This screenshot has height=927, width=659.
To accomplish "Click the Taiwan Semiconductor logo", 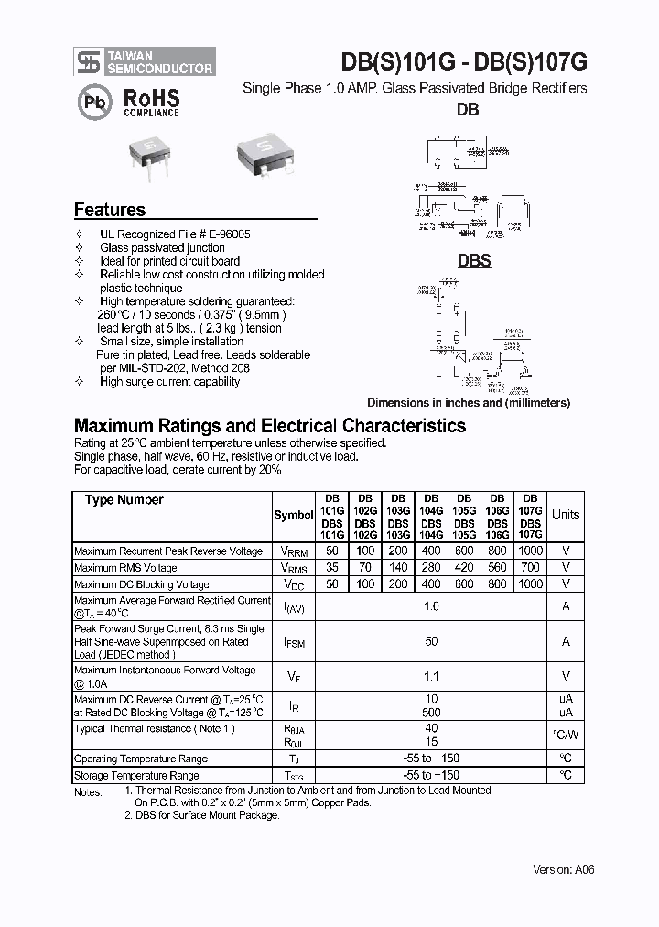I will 144,61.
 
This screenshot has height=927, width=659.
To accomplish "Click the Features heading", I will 110,210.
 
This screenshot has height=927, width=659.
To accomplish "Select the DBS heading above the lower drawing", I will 474,261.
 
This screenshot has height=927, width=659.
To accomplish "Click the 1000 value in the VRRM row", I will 530,551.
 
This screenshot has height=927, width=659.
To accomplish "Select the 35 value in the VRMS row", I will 331,568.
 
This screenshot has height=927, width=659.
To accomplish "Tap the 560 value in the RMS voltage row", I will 497,568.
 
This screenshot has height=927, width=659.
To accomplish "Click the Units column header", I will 565,515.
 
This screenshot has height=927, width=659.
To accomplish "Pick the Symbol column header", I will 294,515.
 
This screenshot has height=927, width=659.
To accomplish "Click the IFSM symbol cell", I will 294,643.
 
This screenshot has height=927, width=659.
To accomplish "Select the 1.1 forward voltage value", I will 431,677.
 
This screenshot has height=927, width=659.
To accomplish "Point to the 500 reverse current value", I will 431,713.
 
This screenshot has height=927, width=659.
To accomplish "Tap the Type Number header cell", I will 124,500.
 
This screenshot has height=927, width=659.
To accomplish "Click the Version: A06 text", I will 563,869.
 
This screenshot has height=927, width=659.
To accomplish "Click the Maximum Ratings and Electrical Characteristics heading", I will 269,426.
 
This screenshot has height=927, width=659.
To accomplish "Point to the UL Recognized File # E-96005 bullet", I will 174,234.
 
